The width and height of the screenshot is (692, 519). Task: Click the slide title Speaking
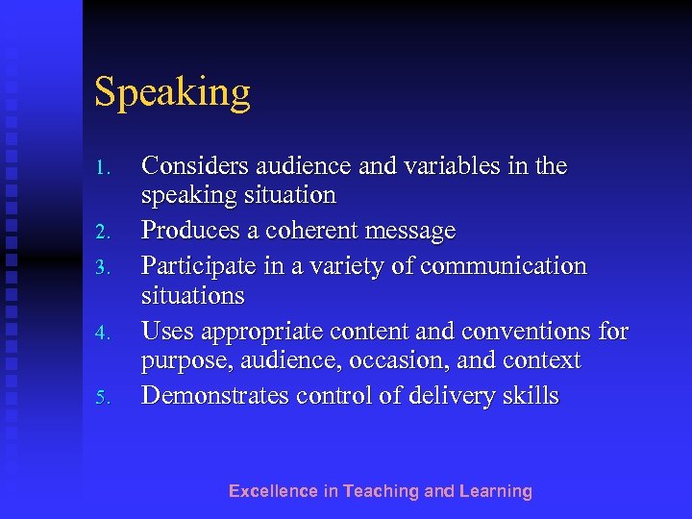click(172, 93)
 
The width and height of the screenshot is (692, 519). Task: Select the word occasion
click(429, 361)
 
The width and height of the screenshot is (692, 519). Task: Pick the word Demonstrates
click(215, 395)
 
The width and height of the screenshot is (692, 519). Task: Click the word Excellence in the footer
click(272, 491)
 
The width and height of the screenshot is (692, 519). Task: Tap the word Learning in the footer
click(495, 492)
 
